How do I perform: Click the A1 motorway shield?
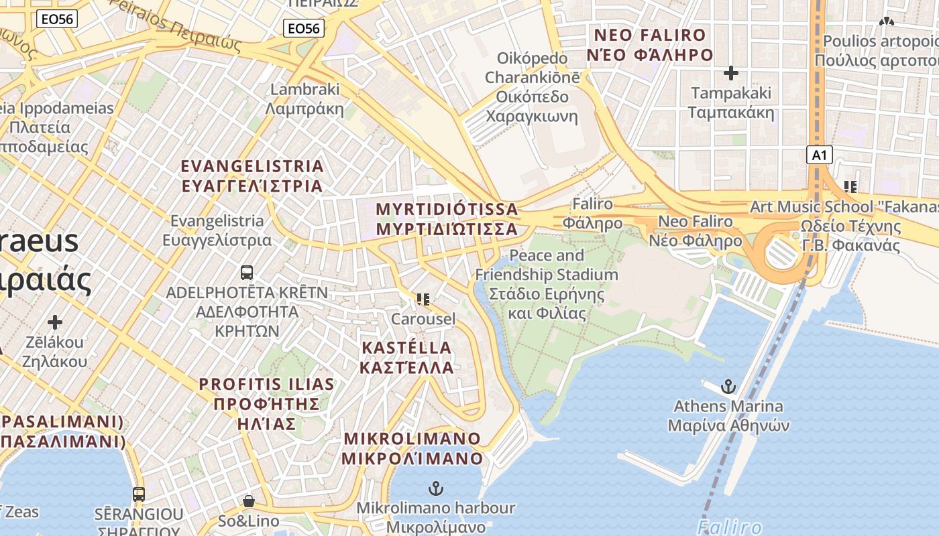tap(819, 155)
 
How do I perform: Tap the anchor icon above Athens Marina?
tap(728, 386)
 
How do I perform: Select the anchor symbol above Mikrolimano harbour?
tap(436, 488)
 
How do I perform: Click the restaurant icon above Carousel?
tap(423, 299)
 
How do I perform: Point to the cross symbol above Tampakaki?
tap(731, 72)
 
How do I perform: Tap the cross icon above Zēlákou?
tap(55, 322)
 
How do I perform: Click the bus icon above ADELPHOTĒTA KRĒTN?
tap(247, 272)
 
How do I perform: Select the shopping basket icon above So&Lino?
tap(248, 501)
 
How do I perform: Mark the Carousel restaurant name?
tap(423, 319)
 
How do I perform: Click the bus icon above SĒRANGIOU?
tap(139, 494)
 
